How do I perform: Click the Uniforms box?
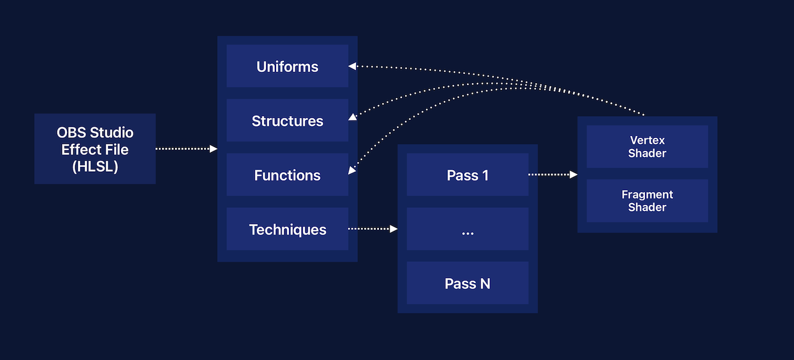(287, 66)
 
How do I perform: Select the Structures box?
(287, 120)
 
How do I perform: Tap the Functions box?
(287, 175)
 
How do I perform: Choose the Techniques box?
(287, 229)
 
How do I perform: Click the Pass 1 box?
(467, 175)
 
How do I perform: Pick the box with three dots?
(467, 229)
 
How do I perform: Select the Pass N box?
(467, 284)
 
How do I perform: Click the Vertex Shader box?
(647, 146)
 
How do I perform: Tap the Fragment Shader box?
(647, 200)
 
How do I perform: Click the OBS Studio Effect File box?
(95, 149)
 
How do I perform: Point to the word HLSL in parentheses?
(95, 166)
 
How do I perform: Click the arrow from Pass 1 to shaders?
(552, 175)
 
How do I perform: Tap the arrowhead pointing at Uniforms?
(352, 65)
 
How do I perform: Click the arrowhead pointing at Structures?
(352, 117)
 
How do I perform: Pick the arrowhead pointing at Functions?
(352, 171)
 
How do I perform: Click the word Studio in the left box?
(112, 133)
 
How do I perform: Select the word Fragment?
(647, 194)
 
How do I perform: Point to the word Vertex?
(647, 140)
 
